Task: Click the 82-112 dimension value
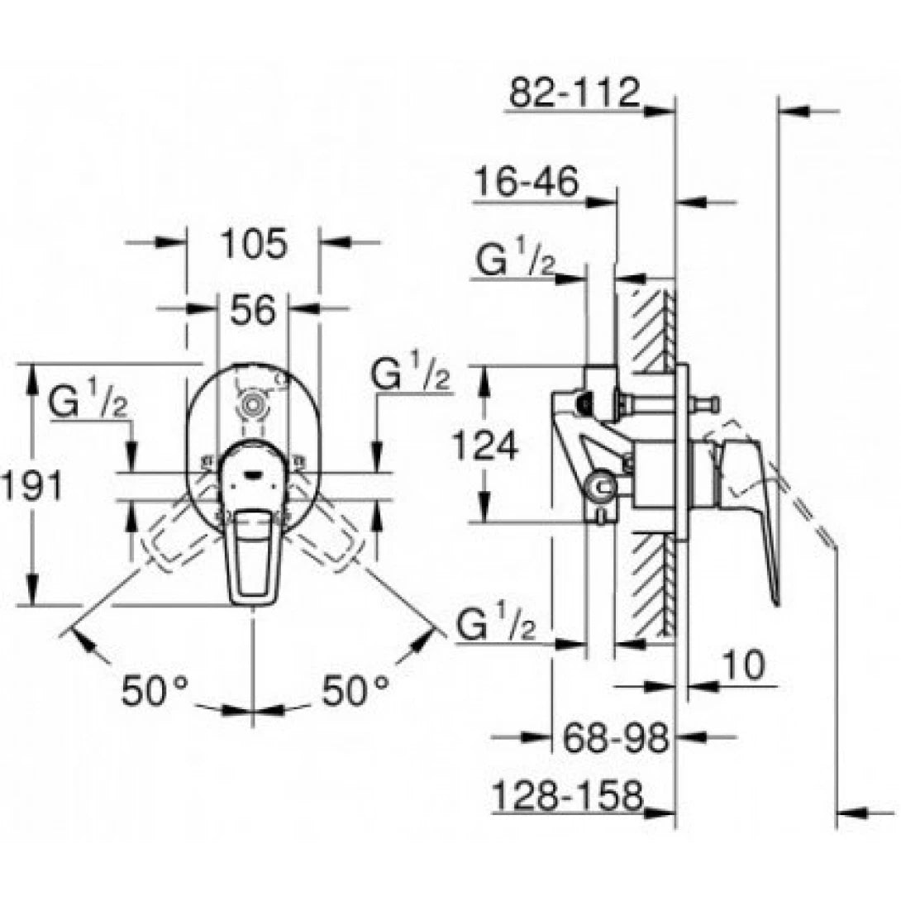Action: pos(574,92)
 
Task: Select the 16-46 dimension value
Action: pos(527,183)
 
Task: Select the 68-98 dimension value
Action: pos(615,737)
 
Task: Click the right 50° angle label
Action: pos(355,690)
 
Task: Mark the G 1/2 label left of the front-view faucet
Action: pos(87,403)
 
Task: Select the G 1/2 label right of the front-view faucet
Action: pos(411,376)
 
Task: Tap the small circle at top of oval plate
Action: pos(252,405)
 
